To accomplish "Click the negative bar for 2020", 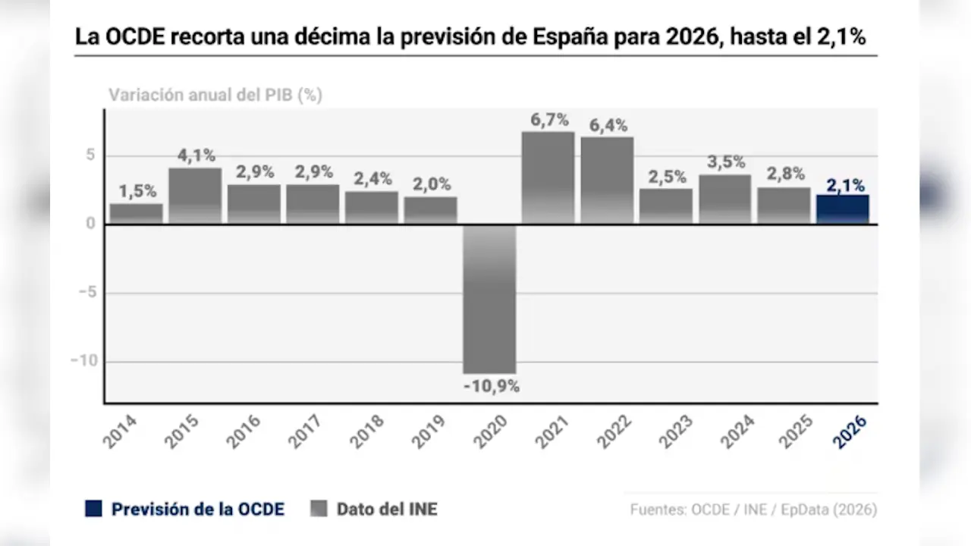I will click(489, 299).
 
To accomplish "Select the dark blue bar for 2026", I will click(843, 209).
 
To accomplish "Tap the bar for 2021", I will click(548, 177).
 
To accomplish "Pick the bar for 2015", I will click(195, 196).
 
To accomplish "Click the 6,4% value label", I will click(608, 126).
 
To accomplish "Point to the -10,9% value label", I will click(491, 386).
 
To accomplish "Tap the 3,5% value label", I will click(725, 162).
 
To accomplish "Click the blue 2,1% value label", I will click(844, 184).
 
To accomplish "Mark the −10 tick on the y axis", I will click(84, 360).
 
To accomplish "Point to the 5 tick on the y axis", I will click(90, 155).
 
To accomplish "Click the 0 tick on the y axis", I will click(90, 224).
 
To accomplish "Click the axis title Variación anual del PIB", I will click(215, 96).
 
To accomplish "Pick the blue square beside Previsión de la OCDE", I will click(93, 509).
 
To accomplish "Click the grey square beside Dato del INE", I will click(319, 509).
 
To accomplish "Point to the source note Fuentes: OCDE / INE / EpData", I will click(753, 510).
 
